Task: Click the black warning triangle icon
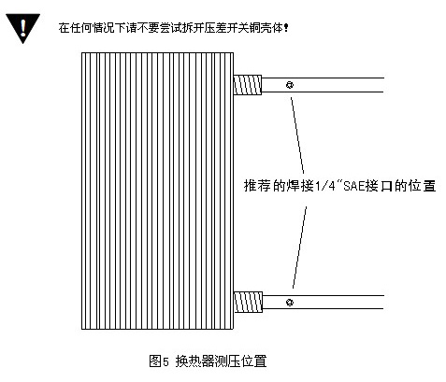point(22,27)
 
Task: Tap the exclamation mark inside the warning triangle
point(22,27)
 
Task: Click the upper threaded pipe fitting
point(248,85)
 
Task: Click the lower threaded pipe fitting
point(248,302)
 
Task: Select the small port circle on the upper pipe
point(290,85)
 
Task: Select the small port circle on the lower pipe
point(290,302)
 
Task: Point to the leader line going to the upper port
point(297,135)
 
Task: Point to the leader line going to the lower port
point(299,248)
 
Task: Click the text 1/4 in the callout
point(325,186)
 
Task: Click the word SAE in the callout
point(354,186)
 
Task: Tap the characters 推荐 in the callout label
point(257,186)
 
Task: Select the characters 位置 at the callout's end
point(422,186)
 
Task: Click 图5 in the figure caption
point(159,361)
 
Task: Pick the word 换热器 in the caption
point(194,361)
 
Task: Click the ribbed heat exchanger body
point(157,191)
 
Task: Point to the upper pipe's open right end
point(383,85)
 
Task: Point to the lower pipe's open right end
point(383,303)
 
